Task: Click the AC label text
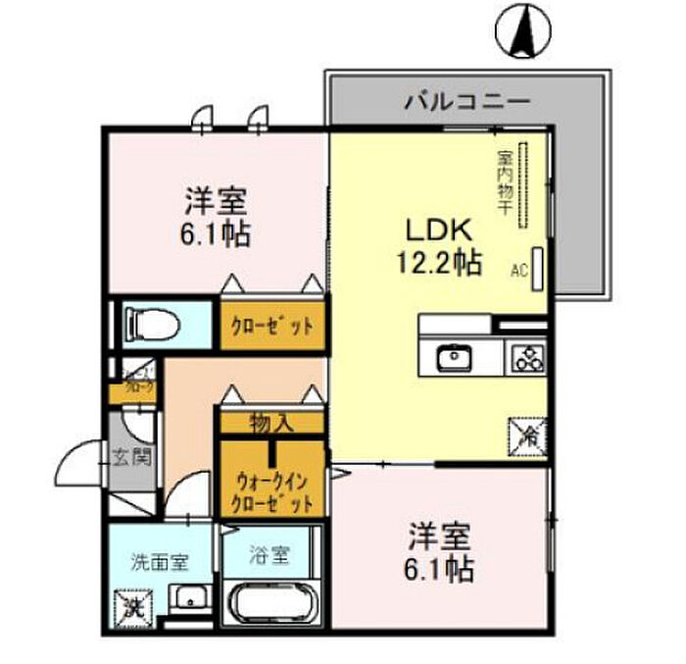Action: [518, 269]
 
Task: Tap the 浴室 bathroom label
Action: [269, 555]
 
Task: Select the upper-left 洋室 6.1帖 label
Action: [216, 218]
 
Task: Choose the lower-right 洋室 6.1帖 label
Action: [440, 552]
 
